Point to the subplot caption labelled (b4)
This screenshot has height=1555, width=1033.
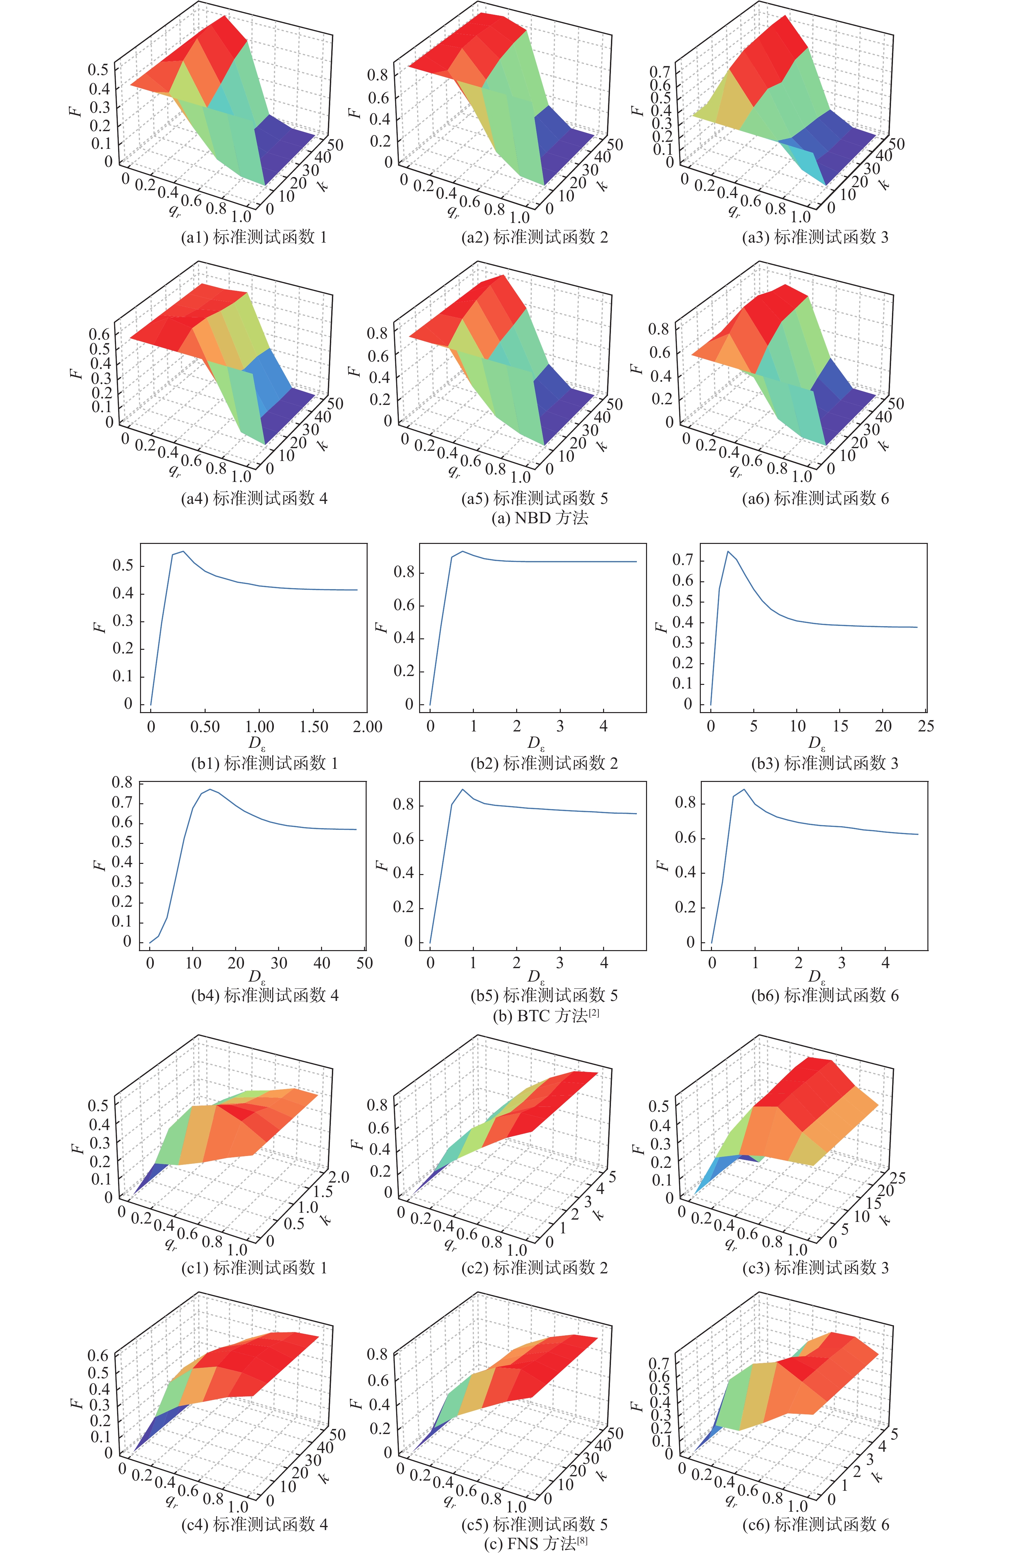[265, 995]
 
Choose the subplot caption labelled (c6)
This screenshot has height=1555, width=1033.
[816, 1524]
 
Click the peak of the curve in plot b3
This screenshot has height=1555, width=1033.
[728, 552]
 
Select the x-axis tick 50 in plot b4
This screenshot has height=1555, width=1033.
[364, 963]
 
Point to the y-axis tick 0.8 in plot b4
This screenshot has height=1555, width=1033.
[122, 783]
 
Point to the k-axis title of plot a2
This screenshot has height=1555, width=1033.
[602, 184]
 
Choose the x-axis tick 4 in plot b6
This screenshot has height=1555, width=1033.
[885, 963]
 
